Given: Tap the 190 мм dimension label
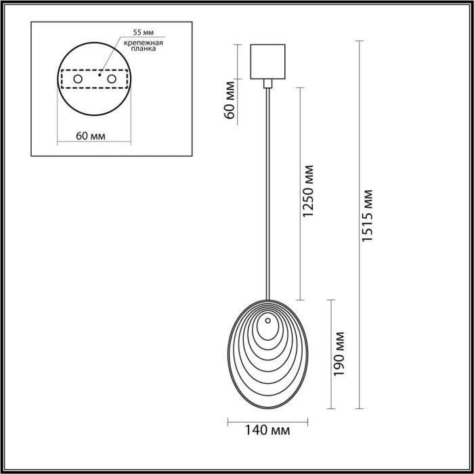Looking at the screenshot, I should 339,354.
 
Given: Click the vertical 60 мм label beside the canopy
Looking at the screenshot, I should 230,100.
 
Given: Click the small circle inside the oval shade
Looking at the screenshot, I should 268,320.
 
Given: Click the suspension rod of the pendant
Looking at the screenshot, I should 267,196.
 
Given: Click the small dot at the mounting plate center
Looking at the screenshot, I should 100,76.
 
